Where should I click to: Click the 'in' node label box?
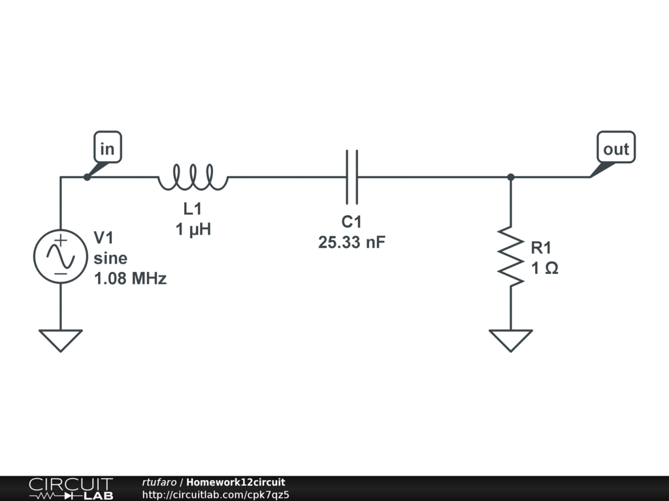click(x=107, y=149)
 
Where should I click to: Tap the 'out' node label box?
click(x=615, y=149)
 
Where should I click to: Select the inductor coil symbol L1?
click(x=192, y=177)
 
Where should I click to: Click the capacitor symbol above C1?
click(x=351, y=176)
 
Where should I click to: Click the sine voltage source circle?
click(x=60, y=256)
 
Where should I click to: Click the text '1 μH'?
click(x=193, y=230)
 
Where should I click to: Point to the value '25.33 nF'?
click(x=351, y=243)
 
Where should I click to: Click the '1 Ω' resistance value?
click(x=544, y=268)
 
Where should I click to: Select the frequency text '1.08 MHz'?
click(x=130, y=279)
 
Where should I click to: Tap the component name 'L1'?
click(x=193, y=210)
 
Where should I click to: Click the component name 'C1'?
click(x=351, y=222)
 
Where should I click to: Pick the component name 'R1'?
click(x=542, y=248)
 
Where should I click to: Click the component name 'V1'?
click(x=104, y=236)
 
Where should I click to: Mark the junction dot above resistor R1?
click(x=511, y=177)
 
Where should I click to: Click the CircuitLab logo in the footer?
click(x=71, y=489)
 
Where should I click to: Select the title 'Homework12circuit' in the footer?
click(x=235, y=483)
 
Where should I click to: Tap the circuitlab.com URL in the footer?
click(x=216, y=494)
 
